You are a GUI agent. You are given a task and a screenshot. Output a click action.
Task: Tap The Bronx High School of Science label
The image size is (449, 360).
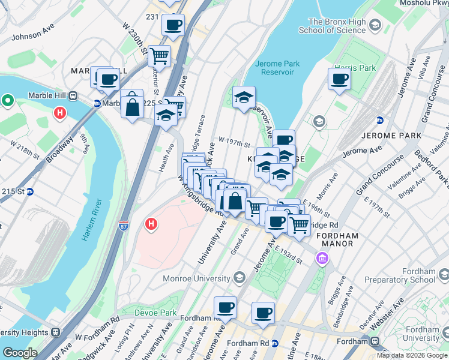(x=336, y=26)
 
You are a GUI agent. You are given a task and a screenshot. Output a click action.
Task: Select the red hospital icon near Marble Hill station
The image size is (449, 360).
(x=60, y=112)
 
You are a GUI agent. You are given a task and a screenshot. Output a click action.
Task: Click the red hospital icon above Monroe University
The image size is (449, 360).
(x=151, y=224)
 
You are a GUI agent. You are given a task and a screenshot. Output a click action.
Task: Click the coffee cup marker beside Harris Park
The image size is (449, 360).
(x=339, y=79)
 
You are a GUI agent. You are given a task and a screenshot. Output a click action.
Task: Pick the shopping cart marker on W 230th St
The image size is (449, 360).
(x=159, y=56)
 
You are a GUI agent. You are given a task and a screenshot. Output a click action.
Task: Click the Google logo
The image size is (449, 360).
(x=20, y=353)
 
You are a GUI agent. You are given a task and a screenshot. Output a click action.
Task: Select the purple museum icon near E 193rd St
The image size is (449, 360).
(x=322, y=259)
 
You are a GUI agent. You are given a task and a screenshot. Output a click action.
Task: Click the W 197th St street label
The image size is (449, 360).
(x=234, y=143)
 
